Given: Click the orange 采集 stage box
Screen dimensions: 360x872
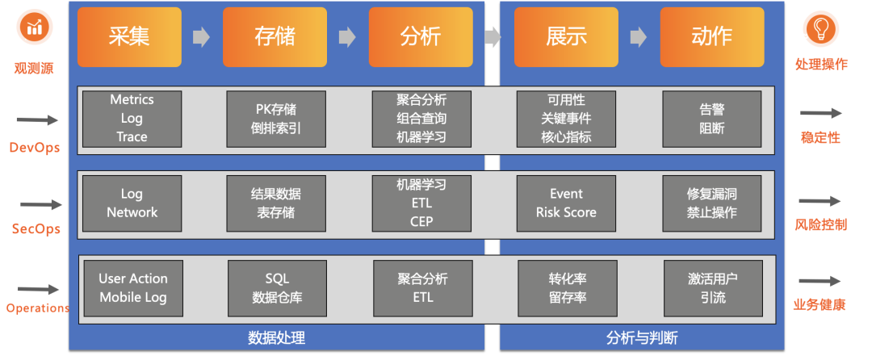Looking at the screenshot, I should [x=129, y=36].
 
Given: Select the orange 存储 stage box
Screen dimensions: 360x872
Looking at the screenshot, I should [x=275, y=36].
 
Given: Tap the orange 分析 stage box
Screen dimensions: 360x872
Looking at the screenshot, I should [x=420, y=36].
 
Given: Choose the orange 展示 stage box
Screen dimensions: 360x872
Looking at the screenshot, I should [x=566, y=36].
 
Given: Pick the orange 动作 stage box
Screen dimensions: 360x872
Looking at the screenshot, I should [x=711, y=36].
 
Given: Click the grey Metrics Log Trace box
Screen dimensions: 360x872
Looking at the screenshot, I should [x=132, y=118].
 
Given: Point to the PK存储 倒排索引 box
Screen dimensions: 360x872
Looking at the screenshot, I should [x=276, y=118].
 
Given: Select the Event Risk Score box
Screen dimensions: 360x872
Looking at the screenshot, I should [x=566, y=203].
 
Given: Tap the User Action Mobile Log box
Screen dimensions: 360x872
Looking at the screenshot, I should [x=133, y=288].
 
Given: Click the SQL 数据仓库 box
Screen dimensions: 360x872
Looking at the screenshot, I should [x=277, y=288].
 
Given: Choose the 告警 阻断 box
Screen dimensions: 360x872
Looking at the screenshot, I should [x=711, y=118].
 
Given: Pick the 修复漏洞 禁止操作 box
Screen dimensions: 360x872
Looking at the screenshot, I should [x=711, y=203].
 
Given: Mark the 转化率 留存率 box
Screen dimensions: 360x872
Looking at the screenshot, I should [x=566, y=288].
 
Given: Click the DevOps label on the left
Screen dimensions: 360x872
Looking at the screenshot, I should [x=35, y=148].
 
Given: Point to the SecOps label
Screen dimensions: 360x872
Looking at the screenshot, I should [x=36, y=229].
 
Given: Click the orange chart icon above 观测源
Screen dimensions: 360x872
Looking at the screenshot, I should [x=35, y=28].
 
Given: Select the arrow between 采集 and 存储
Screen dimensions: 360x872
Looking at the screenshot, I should [x=201, y=37].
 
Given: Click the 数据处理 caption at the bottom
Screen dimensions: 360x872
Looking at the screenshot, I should [x=276, y=338].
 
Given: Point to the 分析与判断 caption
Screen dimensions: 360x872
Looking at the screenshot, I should [x=642, y=338].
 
